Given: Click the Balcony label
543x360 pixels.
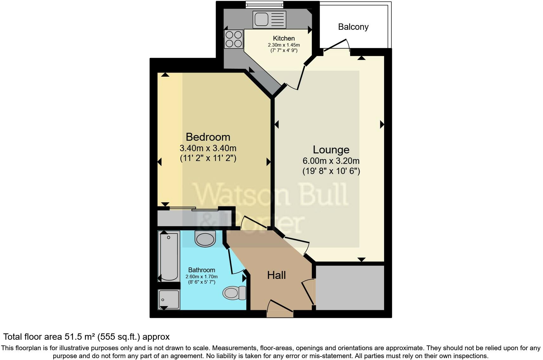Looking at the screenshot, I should pos(353,27).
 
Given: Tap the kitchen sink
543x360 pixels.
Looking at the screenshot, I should pos(269,19).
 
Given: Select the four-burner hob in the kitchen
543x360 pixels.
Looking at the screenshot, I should pos(234,39).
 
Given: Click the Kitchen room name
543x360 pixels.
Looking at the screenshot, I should pos(284,38).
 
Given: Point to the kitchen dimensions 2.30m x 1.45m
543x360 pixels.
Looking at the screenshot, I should pos(284,45).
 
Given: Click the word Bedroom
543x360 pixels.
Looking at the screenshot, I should pos(208,137).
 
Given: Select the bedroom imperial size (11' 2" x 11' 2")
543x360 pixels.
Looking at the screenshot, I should pos(208,158).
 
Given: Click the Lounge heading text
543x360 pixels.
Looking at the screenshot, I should pos(331,150).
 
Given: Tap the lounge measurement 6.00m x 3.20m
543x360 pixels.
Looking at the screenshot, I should pos(331,161).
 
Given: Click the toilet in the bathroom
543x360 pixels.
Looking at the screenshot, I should pos(234,292).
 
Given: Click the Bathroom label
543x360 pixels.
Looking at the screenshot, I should pos(201,270).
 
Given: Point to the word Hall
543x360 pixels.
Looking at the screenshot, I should pos(276,275).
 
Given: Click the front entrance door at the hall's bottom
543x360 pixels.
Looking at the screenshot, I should pos(280,309).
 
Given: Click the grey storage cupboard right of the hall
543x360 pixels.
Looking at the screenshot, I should pos(350,288).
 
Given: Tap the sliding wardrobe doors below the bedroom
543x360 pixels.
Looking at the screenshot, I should pos(193,209).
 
